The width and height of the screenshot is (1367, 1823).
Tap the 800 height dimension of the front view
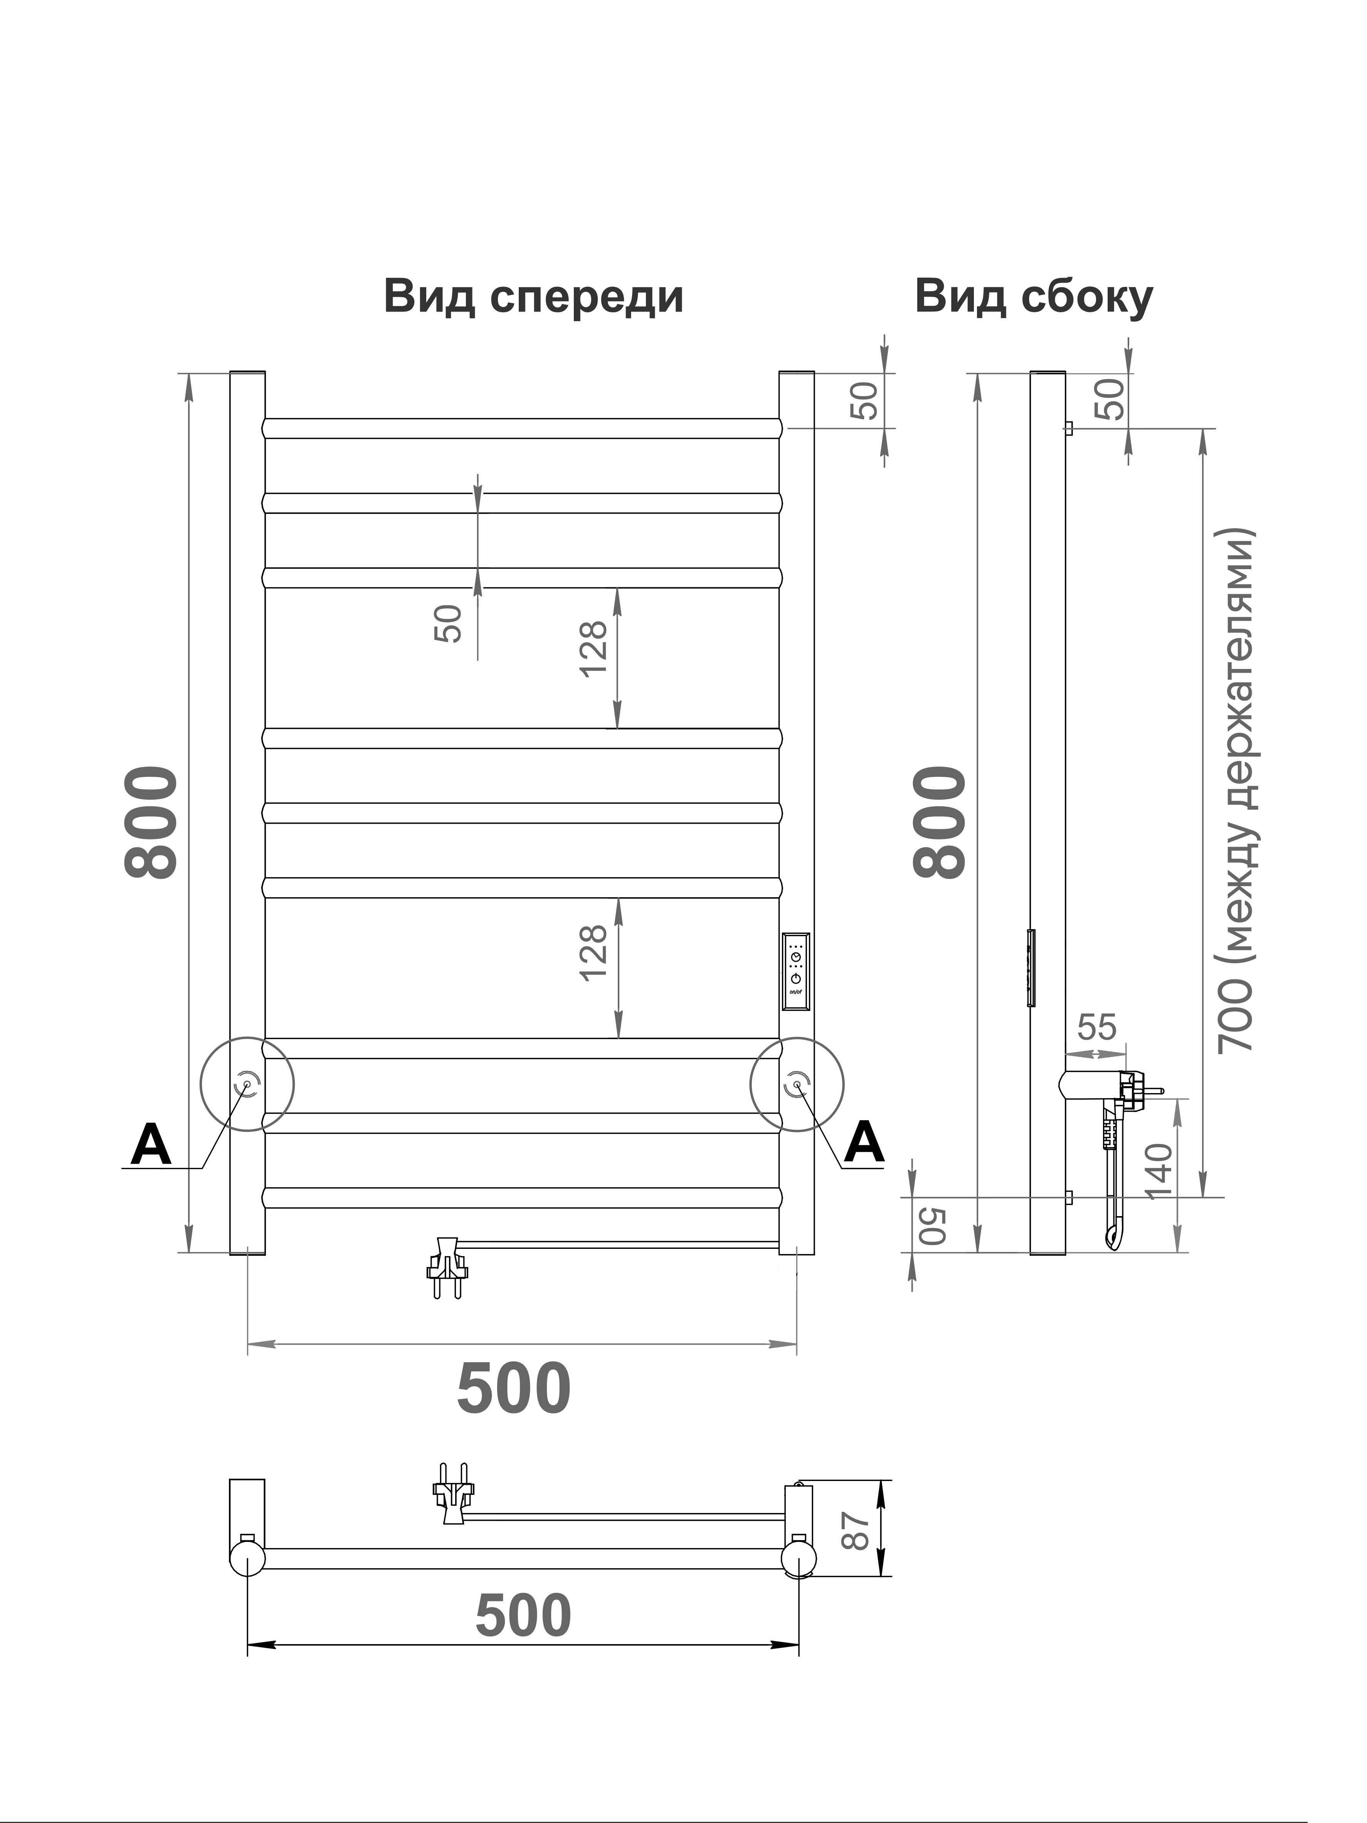tap(151, 822)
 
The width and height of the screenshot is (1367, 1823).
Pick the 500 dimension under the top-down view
tap(523, 1615)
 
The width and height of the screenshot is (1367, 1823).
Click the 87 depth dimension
tap(858, 1530)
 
